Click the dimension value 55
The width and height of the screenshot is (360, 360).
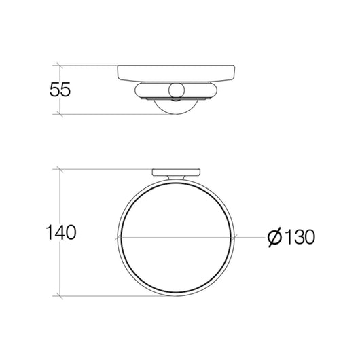(x=60, y=89)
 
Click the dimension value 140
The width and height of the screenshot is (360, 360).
(x=60, y=232)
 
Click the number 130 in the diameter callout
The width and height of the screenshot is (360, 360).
(x=300, y=237)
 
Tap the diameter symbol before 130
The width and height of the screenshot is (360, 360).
(x=274, y=237)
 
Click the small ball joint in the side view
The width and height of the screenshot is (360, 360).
(x=176, y=90)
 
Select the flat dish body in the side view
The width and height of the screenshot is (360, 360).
(x=176, y=73)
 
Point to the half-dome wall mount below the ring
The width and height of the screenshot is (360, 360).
(x=176, y=106)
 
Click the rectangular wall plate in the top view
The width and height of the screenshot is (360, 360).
(x=176, y=173)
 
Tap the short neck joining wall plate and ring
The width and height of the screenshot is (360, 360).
(x=176, y=178)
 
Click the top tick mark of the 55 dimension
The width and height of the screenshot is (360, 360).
(x=60, y=65)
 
